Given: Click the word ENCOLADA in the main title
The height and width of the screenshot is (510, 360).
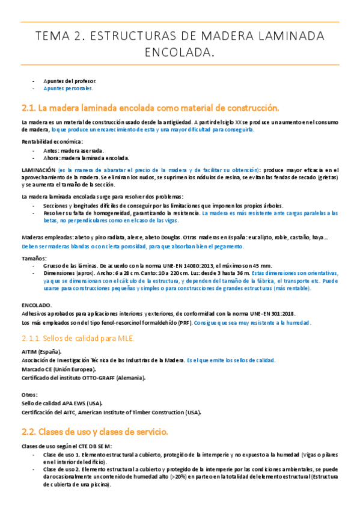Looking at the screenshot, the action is (180, 54).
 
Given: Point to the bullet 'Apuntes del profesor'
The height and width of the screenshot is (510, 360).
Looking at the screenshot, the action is (70, 81).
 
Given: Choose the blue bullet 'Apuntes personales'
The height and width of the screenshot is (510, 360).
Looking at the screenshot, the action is (68, 88).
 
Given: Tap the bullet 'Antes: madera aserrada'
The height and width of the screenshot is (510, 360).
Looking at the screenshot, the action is (73, 150).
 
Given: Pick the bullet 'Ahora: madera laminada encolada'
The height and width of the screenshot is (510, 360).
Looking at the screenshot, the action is (86, 158).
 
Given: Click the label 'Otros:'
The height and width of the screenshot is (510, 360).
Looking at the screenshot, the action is (29, 395).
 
